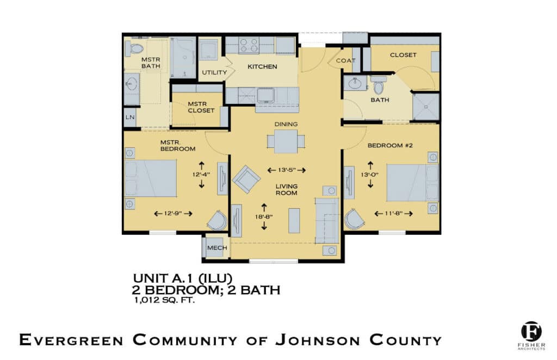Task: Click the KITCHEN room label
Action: [x=262, y=67]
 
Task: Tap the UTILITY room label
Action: [x=214, y=73]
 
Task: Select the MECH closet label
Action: [x=216, y=248]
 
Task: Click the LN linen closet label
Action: [x=130, y=117]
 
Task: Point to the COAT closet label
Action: [x=345, y=61]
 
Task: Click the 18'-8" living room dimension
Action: [x=264, y=216]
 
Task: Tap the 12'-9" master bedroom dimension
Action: [x=173, y=214]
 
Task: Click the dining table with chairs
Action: [x=286, y=142]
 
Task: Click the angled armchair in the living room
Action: [x=246, y=178]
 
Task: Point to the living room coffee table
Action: [x=294, y=220]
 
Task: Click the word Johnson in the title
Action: [x=317, y=341]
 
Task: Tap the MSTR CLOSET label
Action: [x=198, y=107]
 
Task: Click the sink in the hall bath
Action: [x=355, y=84]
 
